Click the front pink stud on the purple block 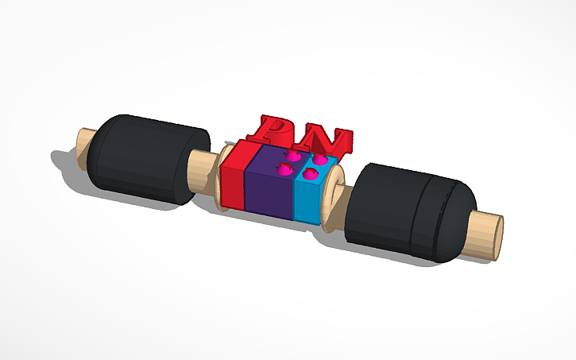tap(282, 168)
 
